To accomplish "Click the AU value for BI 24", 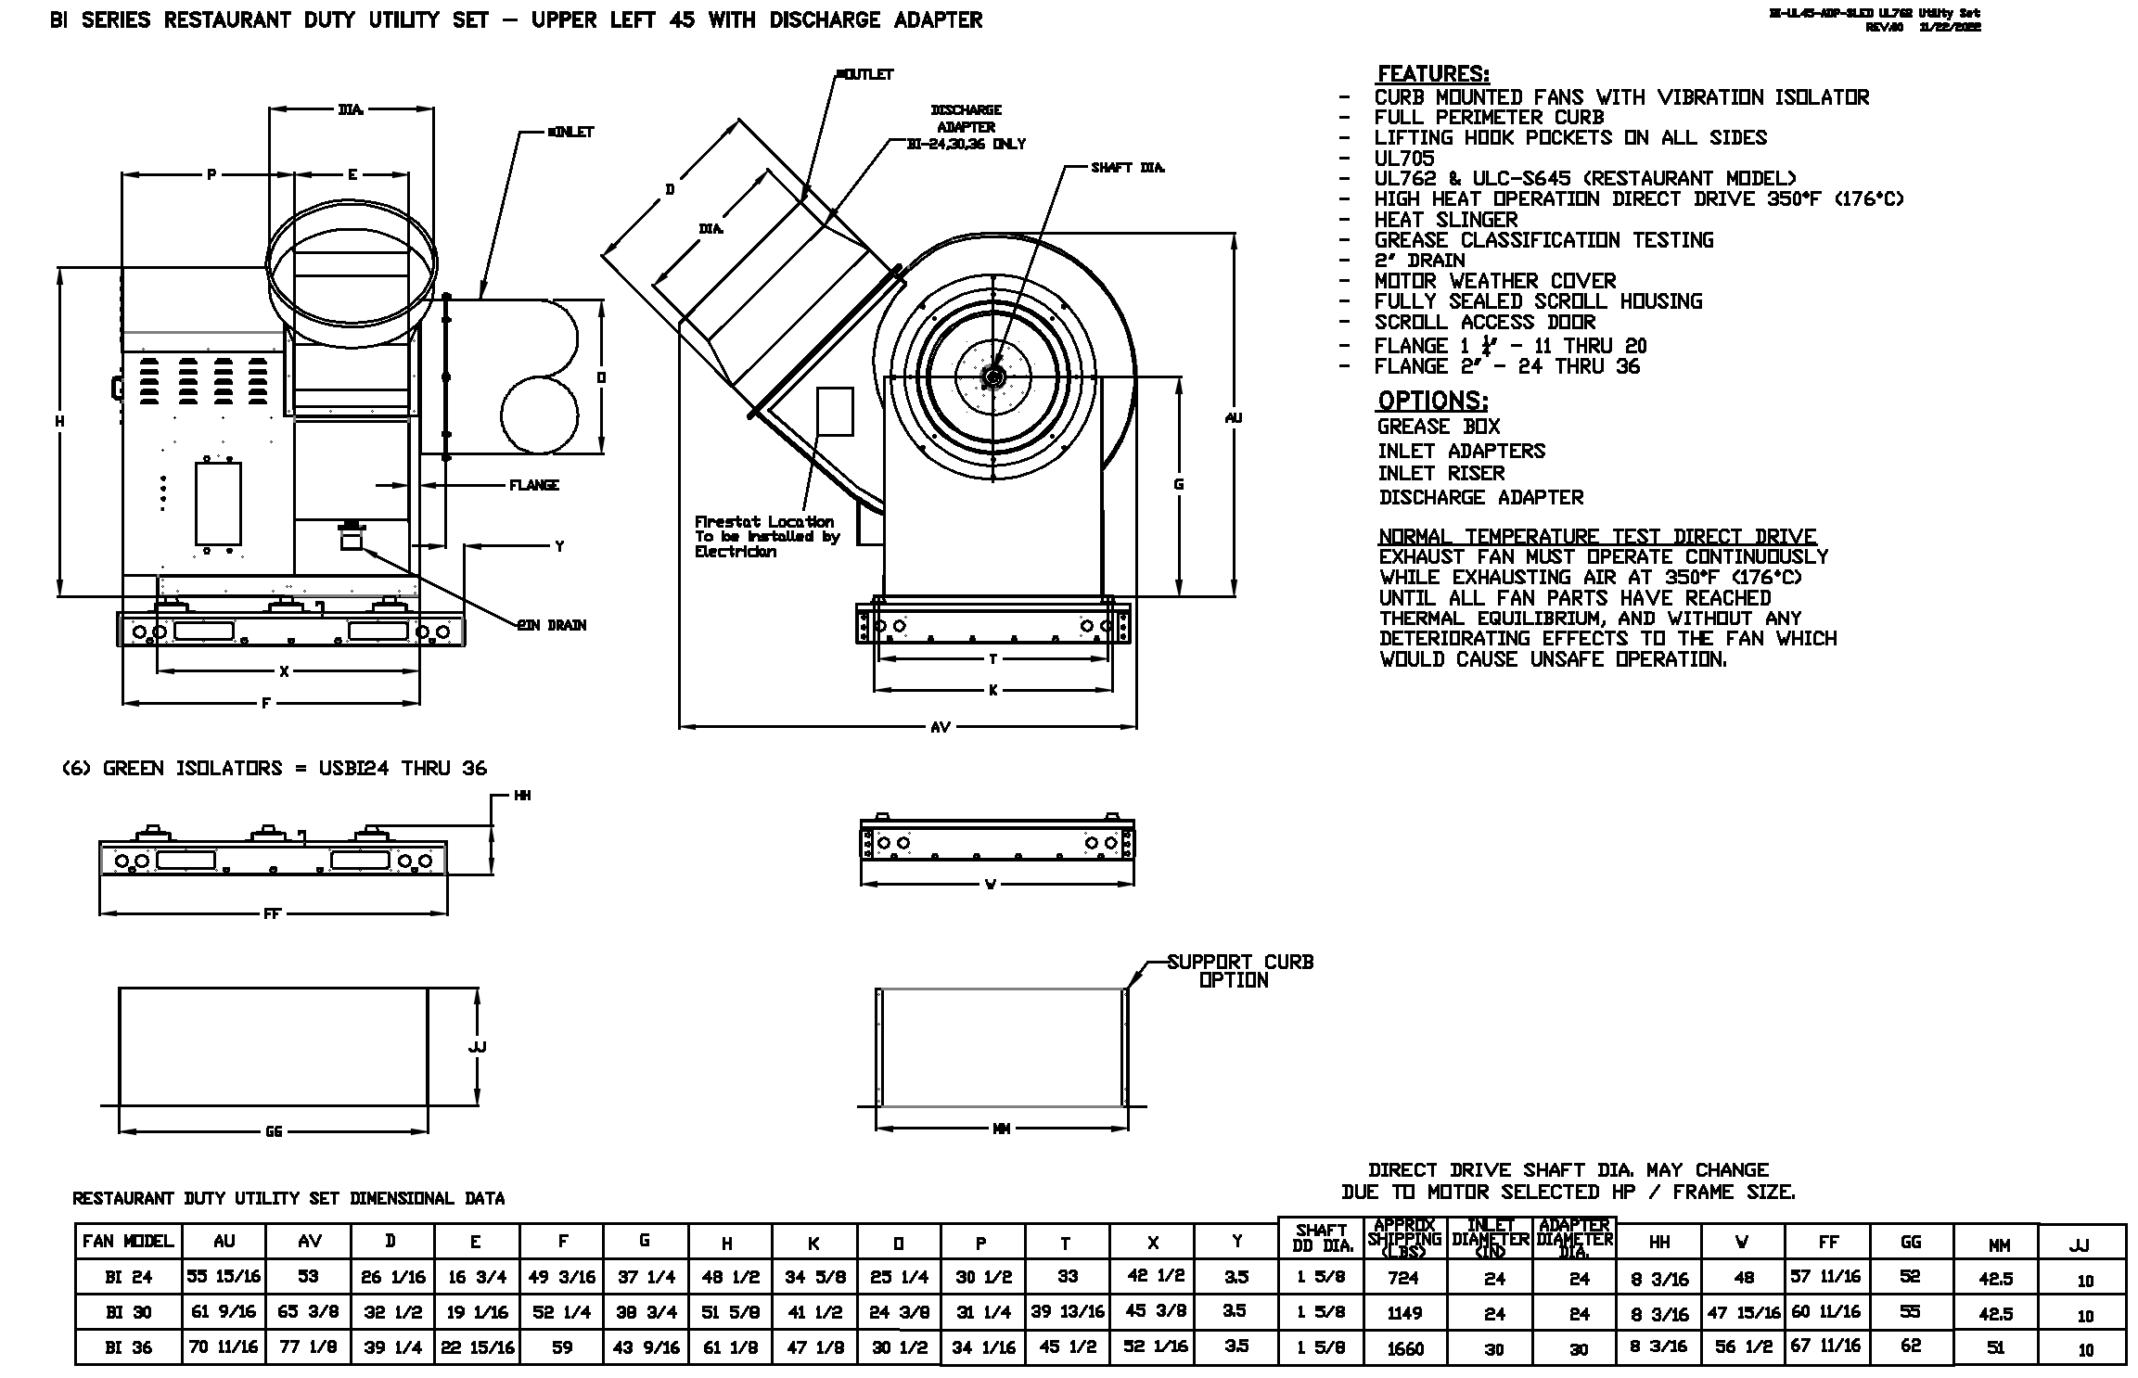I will (223, 1277).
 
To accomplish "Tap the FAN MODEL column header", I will (128, 1242).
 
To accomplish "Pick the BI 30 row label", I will (128, 1312).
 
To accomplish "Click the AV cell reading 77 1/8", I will (308, 1347).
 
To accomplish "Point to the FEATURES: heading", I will (1433, 74).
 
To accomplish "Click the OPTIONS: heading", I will (1432, 401).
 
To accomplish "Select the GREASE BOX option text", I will (1438, 427).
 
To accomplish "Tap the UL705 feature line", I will (1403, 159).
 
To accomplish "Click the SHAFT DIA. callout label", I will (1127, 168).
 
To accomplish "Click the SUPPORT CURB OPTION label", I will (1239, 971).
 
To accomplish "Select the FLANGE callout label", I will (534, 485).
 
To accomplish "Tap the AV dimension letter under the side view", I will (940, 727).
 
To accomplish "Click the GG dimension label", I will (274, 1131).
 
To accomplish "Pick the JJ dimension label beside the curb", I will (478, 1047).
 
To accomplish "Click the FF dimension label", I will (272, 914).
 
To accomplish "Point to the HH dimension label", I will (522, 796).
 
